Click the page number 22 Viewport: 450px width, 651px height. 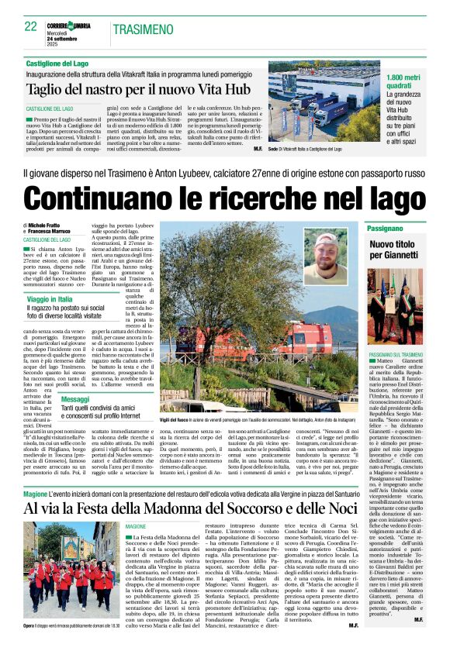pos(31,26)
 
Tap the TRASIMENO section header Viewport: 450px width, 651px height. pos(143,29)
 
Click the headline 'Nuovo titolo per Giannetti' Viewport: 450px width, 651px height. pos(395,249)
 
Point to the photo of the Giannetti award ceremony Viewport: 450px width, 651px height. pos(395,305)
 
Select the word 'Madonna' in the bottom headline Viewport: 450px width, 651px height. pos(227,508)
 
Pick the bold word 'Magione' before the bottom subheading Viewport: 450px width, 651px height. pos(36,493)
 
